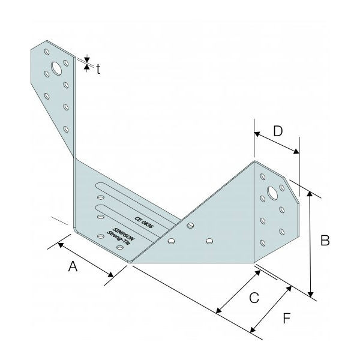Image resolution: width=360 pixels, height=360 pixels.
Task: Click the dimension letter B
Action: click(x=325, y=241)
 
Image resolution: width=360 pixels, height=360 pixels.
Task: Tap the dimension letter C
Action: click(x=254, y=296)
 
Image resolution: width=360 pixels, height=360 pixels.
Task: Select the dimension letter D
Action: click(x=278, y=131)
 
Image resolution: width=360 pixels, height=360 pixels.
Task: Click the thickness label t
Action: click(x=98, y=68)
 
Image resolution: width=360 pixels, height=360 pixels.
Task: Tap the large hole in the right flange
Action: click(x=271, y=194)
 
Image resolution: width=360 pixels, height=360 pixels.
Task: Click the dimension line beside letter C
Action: click(x=237, y=291)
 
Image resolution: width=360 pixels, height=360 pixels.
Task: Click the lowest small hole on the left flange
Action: click(x=66, y=127)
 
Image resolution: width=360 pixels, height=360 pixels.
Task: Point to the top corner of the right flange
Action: click(x=254, y=161)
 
